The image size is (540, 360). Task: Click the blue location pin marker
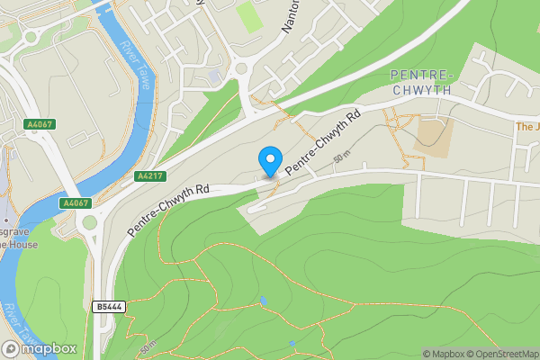click(x=268, y=161)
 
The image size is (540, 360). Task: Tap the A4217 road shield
click(x=149, y=177)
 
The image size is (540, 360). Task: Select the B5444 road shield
click(x=109, y=307)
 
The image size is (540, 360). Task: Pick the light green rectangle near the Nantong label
click(x=247, y=16)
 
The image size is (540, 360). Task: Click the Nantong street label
click(x=289, y=15)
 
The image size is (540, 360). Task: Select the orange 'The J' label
click(x=526, y=127)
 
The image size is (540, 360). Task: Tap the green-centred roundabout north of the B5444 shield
click(x=89, y=239)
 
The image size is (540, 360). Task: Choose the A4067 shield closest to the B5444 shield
click(x=75, y=203)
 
